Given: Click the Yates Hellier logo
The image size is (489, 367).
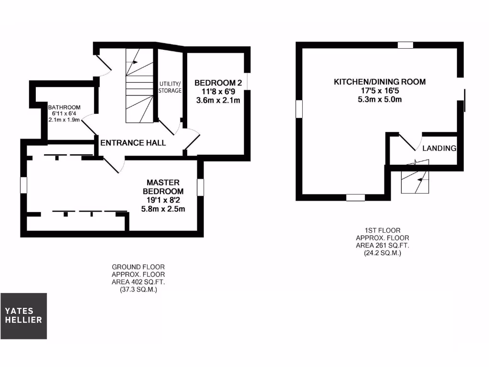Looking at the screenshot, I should [x=23, y=316].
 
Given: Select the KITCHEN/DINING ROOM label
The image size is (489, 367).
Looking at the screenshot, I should [x=379, y=82].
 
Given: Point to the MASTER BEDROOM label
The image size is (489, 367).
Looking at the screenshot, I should [x=163, y=187].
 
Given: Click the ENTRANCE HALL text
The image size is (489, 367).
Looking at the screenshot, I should [x=133, y=142].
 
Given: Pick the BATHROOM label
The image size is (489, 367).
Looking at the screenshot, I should [x=64, y=107].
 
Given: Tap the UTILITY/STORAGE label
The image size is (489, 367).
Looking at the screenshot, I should [x=170, y=87].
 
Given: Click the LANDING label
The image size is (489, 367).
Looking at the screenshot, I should [x=439, y=148].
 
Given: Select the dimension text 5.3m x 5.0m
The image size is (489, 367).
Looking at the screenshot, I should [x=379, y=99].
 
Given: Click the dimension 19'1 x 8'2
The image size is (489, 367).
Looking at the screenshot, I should [x=163, y=200].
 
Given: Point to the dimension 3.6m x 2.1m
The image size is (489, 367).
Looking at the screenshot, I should [x=218, y=100].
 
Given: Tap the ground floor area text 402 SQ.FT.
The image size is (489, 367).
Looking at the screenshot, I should [x=138, y=282].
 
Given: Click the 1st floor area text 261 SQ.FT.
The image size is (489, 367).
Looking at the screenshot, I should [x=382, y=245].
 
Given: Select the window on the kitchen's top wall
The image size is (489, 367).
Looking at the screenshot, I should [x=405, y=45].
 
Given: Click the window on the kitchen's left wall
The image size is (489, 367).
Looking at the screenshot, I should [x=299, y=108].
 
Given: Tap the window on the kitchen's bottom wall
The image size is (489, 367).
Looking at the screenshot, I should [x=355, y=197].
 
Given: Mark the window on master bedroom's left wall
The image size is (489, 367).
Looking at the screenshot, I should [x=23, y=185].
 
